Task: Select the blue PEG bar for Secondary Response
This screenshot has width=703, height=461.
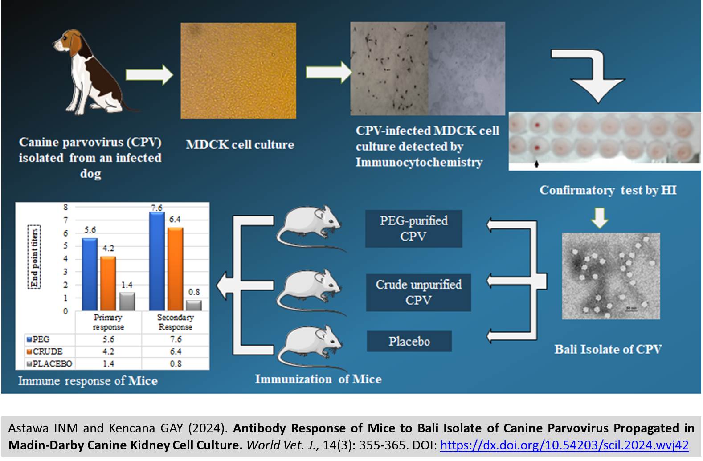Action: tap(157, 261)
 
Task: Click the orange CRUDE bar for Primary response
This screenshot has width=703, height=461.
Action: tap(108, 284)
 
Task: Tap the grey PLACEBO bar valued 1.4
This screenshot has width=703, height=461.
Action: tap(127, 302)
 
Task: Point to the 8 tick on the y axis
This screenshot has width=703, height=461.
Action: tap(65, 207)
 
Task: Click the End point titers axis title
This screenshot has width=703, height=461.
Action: tap(34, 257)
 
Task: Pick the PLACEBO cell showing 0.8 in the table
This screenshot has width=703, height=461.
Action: tap(176, 364)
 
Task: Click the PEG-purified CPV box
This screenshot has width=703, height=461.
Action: tap(413, 229)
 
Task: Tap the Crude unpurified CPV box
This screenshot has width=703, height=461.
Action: tap(419, 293)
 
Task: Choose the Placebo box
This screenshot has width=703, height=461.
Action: tap(409, 341)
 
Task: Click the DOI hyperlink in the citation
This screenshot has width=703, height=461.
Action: tap(564, 445)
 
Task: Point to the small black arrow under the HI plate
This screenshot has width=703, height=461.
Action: tap(536, 164)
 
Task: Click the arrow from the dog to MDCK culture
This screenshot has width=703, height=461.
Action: tap(149, 75)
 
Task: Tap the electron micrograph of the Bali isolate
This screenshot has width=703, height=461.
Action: tap(611, 276)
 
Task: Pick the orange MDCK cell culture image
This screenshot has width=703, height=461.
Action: tap(238, 71)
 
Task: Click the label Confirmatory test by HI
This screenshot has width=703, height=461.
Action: tap(608, 190)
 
